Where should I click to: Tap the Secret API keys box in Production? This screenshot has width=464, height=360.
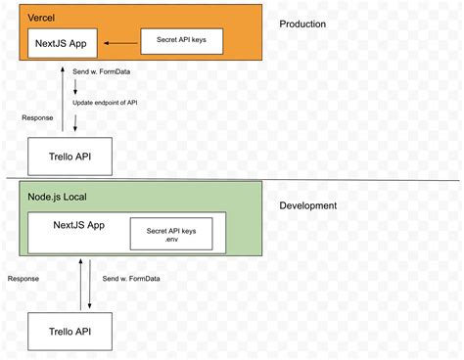182,41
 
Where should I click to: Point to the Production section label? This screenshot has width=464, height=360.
302,23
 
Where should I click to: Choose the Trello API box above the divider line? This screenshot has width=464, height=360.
62,156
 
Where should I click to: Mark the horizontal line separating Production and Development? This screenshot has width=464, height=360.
294,180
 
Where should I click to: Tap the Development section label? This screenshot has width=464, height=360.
308,205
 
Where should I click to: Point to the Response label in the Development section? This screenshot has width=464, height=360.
23,278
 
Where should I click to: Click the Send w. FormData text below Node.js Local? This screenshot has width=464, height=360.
126,278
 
